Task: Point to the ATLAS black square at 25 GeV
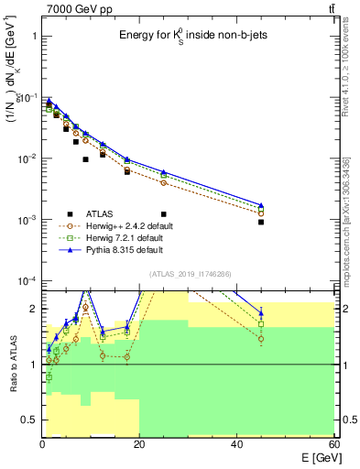pos(164,214)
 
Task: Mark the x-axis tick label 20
pos(139,444)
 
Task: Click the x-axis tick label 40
pos(236,444)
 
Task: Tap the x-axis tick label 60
pos(333,444)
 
